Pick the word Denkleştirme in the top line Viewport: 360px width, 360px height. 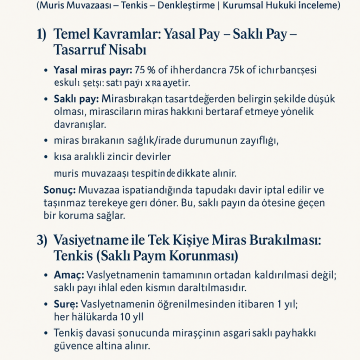tap(166, 5)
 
